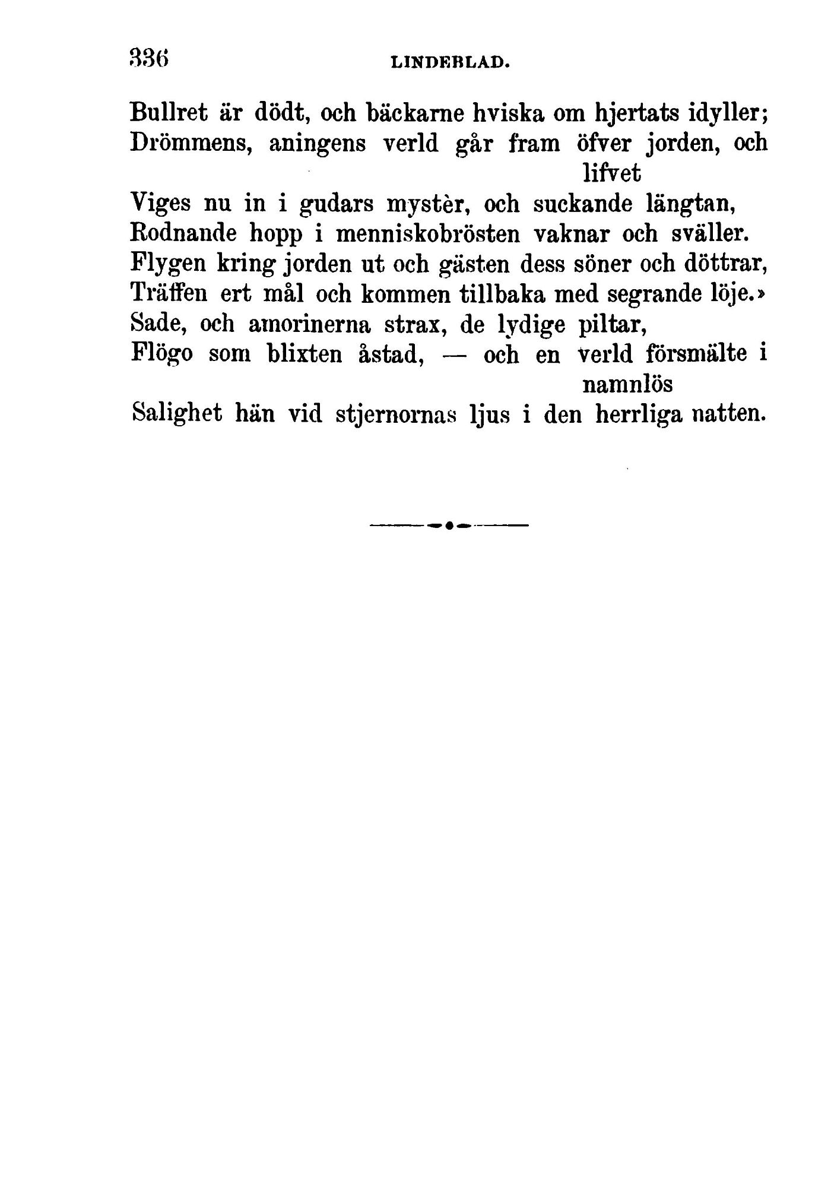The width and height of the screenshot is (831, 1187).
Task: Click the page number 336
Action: [149, 59]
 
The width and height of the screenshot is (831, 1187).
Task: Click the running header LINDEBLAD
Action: [451, 61]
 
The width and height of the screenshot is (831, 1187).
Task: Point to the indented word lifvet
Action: [611, 173]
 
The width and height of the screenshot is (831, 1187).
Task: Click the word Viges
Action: [159, 204]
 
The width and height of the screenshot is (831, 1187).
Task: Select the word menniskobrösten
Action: [427, 234]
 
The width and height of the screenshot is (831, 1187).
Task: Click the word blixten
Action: [304, 354]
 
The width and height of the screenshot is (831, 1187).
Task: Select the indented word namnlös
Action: [627, 385]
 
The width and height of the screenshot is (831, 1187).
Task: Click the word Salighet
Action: [177, 414]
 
